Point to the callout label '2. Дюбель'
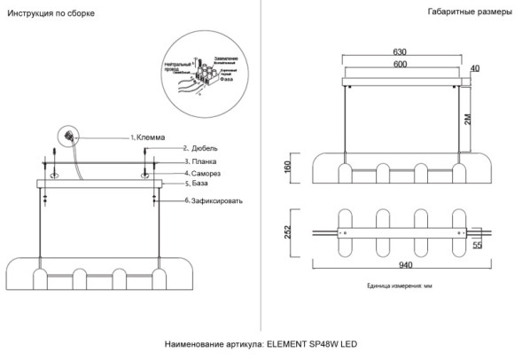(206, 149)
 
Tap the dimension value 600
(401, 64)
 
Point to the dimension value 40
(474, 68)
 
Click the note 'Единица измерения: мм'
(398, 286)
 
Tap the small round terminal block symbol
(68, 136)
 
